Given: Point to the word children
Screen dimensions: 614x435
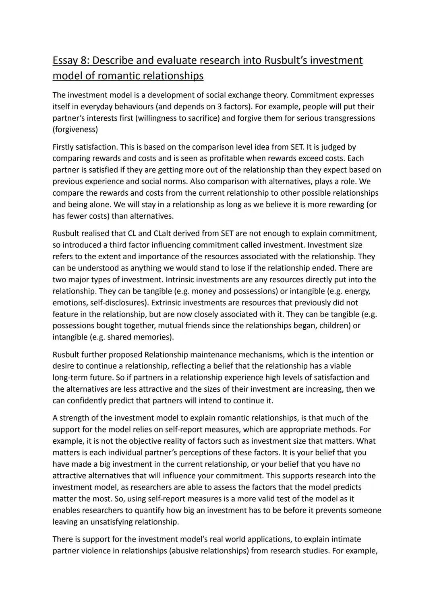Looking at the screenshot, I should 334,325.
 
